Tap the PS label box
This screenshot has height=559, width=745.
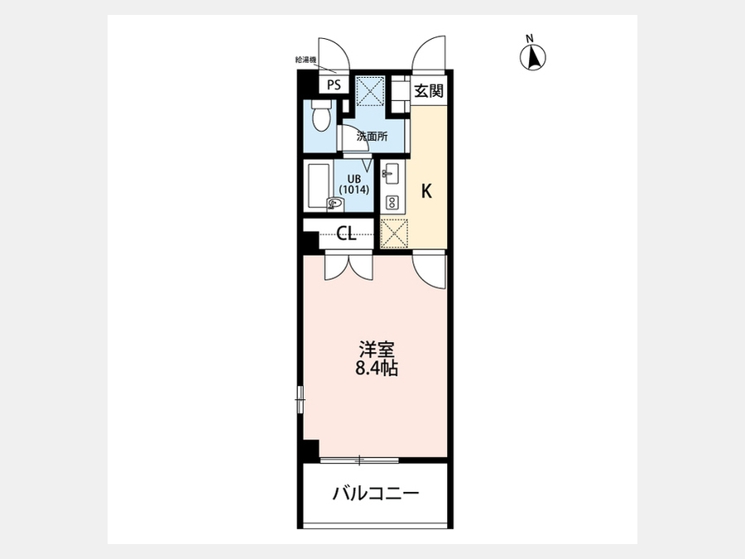334,85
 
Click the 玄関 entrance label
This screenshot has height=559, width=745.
429,90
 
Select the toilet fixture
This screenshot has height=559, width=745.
322,115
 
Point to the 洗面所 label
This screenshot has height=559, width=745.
372,137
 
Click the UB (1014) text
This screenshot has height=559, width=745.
354,184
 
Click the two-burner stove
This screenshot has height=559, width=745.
392,203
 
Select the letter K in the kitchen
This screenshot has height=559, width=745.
426,191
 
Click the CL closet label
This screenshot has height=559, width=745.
346,234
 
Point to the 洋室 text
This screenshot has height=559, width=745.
377,349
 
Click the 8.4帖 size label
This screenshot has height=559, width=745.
377,369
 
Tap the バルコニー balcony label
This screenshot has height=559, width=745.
375,494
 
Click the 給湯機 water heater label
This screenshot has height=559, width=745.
305,60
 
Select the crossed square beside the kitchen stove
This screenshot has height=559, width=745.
394,233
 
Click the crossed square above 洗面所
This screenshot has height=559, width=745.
370,90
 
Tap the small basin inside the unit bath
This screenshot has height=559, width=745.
334,204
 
